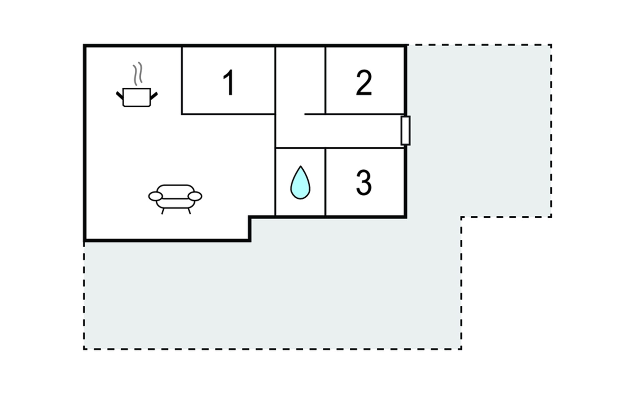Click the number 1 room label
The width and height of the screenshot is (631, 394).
point(228,82)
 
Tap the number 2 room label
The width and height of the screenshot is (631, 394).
point(364,82)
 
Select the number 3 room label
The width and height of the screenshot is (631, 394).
point(364,183)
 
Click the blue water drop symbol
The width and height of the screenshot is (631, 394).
point(300,183)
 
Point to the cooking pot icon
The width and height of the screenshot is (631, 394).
point(137,97)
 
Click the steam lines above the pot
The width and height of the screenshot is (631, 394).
point(138,74)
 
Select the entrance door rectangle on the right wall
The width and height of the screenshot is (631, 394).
point(406,130)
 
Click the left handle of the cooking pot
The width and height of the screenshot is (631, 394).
point(120,96)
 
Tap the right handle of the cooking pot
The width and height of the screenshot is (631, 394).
point(154,96)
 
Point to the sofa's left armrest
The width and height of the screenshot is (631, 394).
point(155,196)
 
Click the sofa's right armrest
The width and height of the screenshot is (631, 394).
point(195,196)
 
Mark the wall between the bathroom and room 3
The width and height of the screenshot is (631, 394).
point(325,182)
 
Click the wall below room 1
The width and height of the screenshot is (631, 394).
point(228,114)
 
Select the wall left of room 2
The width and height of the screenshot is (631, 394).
point(325,80)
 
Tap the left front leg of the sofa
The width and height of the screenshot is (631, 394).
point(163,211)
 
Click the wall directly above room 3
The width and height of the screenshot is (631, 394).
point(365,148)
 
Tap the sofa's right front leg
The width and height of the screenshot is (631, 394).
point(189,211)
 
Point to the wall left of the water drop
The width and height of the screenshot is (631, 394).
point(275,182)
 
